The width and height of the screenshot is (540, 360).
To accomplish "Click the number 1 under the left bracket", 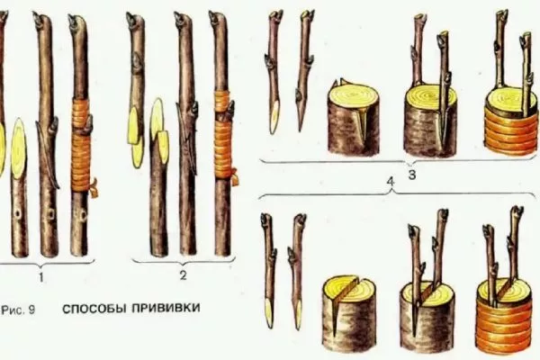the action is pyautogui.click(x=41, y=277).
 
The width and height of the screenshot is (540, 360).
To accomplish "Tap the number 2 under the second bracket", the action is pyautogui.click(x=184, y=274).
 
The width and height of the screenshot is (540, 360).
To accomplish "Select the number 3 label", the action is pyautogui.click(x=412, y=175).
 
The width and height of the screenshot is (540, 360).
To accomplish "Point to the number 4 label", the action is pyautogui.click(x=391, y=182).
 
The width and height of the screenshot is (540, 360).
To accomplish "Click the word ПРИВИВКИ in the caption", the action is pyautogui.click(x=166, y=308).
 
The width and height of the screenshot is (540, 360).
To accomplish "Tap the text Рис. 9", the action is pyautogui.click(x=18, y=310).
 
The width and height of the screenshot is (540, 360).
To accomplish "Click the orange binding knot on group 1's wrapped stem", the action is pyautogui.click(x=94, y=188).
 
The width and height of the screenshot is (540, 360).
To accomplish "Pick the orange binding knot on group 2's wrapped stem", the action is pyautogui.click(x=235, y=177).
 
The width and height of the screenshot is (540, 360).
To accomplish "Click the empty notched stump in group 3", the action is pyautogui.click(x=355, y=118).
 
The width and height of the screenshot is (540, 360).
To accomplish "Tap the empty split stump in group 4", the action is pyautogui.click(x=349, y=313).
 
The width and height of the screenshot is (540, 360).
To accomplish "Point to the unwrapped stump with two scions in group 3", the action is pyautogui.click(x=430, y=122).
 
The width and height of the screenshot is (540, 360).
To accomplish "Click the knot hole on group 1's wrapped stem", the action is pyautogui.click(x=84, y=215).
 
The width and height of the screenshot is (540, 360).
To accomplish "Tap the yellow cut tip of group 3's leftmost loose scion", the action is pyautogui.click(x=274, y=118).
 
